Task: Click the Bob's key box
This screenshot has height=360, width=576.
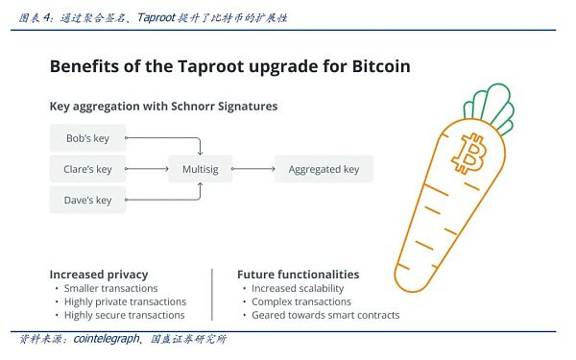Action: click(87, 138)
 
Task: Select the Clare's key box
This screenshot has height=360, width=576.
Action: click(87, 169)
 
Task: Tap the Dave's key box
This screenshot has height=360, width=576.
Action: click(87, 200)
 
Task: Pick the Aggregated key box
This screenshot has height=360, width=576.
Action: click(324, 169)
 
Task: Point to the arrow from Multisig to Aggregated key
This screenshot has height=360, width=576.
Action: click(252, 169)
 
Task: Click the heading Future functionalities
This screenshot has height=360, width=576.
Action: click(298, 274)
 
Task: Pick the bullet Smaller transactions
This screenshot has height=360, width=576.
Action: click(111, 288)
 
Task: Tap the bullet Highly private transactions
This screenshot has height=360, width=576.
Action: click(126, 301)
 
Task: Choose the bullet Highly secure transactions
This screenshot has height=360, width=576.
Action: click(125, 315)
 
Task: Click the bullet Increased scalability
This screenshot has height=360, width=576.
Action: click(298, 288)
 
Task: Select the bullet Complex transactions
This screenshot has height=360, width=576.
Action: click(300, 301)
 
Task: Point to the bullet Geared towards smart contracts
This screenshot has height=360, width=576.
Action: click(325, 315)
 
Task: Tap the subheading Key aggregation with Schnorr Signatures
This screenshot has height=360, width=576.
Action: click(163, 106)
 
